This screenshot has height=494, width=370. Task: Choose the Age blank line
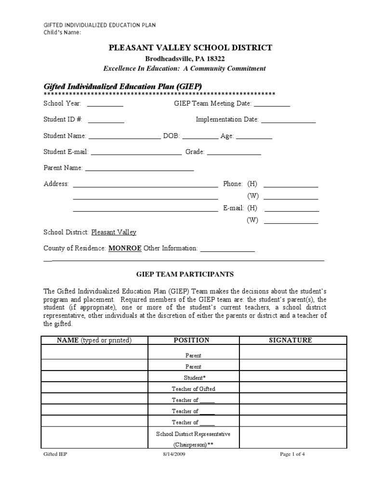coord(254,137)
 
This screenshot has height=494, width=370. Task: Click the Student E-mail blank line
coord(136,153)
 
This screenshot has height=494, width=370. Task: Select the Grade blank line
coord(234,153)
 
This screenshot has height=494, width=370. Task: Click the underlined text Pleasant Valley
coord(114,232)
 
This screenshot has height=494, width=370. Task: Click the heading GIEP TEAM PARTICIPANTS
coord(185,274)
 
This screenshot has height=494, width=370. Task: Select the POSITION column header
coord(191,340)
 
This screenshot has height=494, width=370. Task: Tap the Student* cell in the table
coord(193,378)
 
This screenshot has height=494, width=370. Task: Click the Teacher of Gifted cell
coord(193,388)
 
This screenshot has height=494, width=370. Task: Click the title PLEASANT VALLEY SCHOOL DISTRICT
coord(190,47)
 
